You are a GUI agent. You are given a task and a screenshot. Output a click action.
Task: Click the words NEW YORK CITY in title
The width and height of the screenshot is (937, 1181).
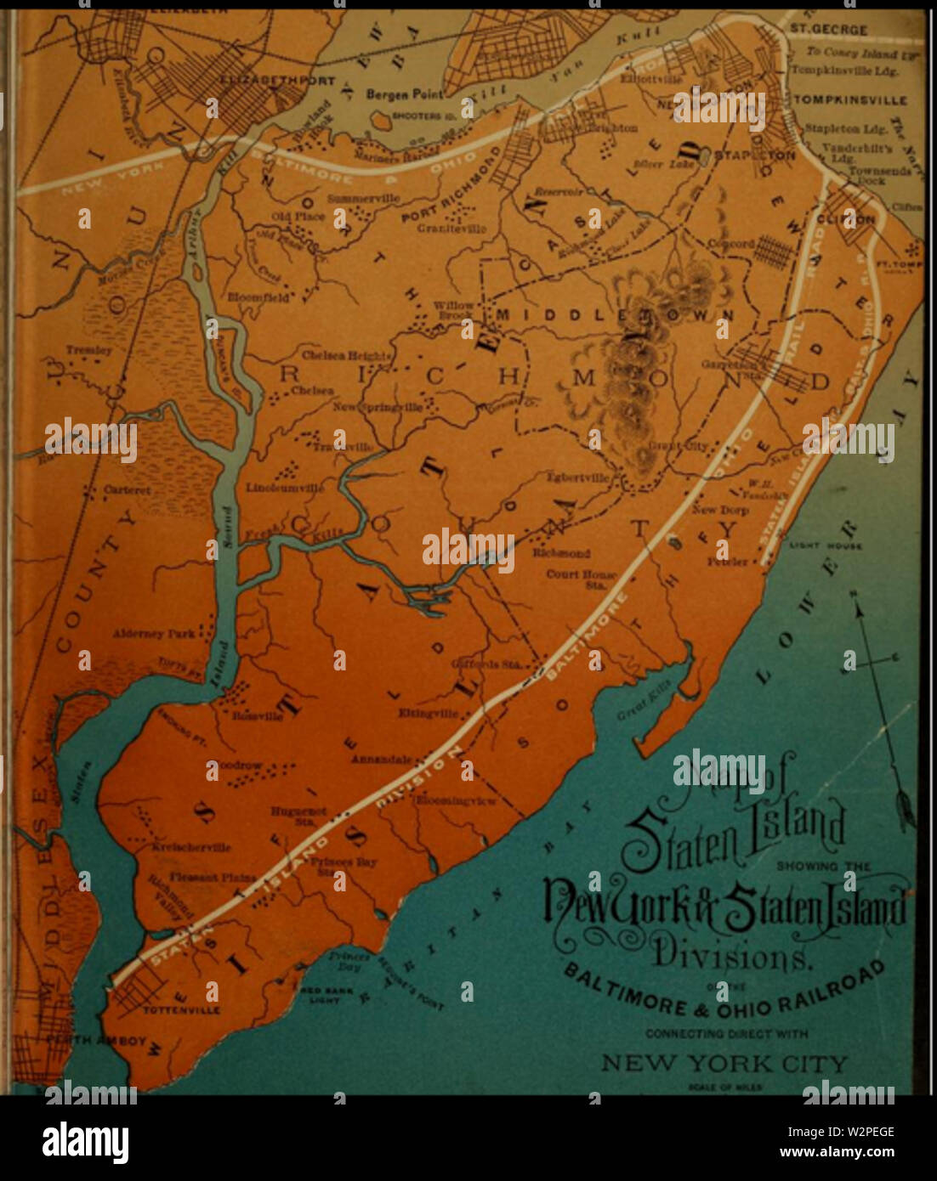[724, 1063]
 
